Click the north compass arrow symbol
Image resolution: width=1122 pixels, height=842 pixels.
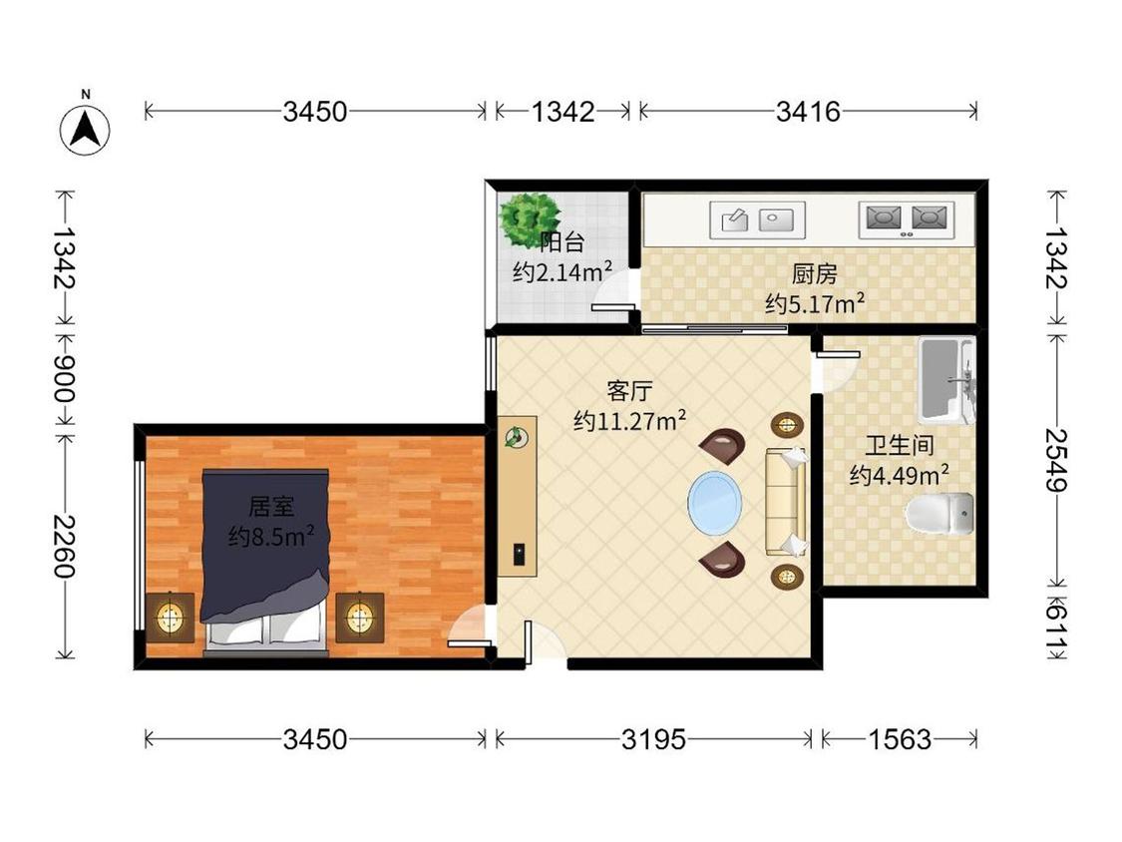[x=85, y=131]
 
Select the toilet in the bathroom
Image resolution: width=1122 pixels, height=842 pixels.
[x=939, y=514]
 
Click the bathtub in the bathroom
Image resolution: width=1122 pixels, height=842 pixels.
[x=946, y=381]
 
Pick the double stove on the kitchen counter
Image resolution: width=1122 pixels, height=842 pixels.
[x=906, y=219]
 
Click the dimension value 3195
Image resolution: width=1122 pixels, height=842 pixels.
[x=653, y=739]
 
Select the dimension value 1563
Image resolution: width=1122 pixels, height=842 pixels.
[x=900, y=739]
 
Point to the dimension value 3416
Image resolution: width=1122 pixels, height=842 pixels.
[x=808, y=111]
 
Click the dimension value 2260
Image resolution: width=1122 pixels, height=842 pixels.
[x=64, y=546]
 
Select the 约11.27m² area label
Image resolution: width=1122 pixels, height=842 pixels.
[x=629, y=420]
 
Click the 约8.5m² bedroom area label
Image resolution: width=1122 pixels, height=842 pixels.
[x=271, y=535]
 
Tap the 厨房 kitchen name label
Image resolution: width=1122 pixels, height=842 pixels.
[x=814, y=273]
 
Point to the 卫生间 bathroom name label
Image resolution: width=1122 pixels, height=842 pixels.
[x=900, y=445]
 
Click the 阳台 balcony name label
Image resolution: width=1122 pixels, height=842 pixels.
[x=562, y=242]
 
